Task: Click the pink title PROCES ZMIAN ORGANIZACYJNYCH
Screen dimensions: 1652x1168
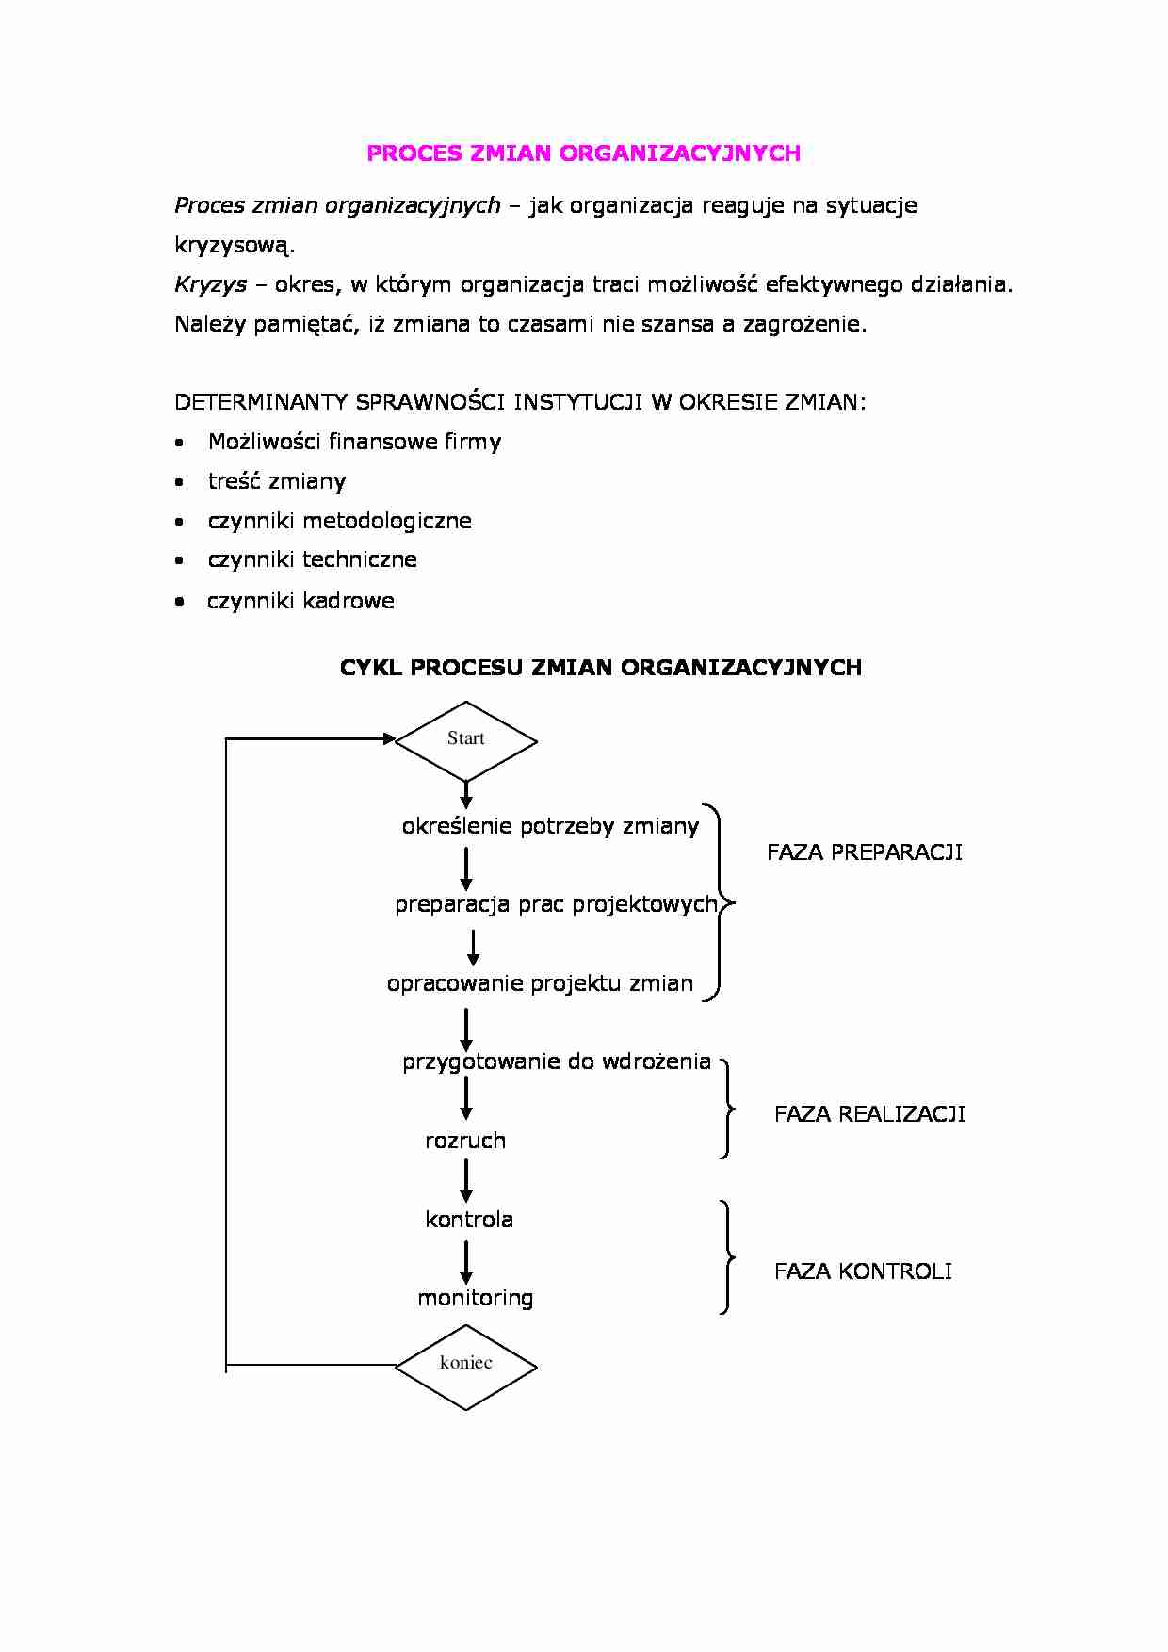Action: [x=583, y=154]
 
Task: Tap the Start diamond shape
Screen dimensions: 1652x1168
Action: [x=466, y=740]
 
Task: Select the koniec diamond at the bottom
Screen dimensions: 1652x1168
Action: [x=466, y=1365]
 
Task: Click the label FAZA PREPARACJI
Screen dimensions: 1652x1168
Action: [x=864, y=852]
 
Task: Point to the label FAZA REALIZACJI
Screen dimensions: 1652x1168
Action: [x=868, y=1114]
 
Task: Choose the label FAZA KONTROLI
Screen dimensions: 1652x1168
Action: [x=862, y=1271]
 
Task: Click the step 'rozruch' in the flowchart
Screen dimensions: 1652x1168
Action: [x=465, y=1141]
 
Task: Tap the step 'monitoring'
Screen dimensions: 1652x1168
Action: [x=475, y=1298]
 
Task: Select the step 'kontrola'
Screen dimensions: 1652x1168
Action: [x=469, y=1220]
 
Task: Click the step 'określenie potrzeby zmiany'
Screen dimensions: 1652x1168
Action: [x=550, y=826]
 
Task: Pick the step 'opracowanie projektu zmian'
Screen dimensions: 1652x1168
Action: [x=540, y=983]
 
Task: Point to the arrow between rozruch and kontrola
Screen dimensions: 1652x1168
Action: [x=466, y=1180]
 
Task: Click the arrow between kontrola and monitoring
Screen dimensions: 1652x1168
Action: [x=466, y=1261]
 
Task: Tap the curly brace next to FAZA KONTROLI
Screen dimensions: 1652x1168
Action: [x=726, y=1256]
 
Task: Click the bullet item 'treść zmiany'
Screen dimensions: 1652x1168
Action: [x=277, y=481]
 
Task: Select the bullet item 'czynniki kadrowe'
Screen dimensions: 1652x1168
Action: [x=300, y=601]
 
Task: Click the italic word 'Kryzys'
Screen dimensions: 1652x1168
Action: [x=210, y=284]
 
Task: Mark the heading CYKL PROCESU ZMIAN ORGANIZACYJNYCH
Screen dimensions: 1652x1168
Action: [x=600, y=668]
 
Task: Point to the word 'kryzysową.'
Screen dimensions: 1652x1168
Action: [x=235, y=245]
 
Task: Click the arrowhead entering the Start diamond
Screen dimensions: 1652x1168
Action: [x=389, y=739]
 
